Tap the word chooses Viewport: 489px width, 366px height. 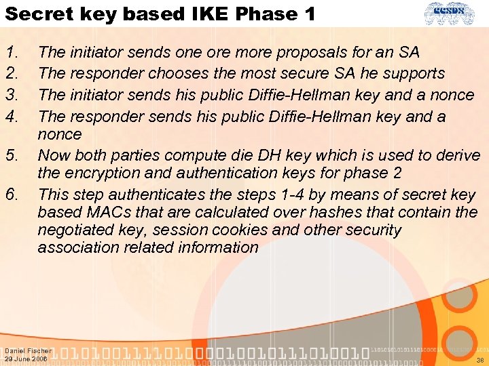pos(164,73)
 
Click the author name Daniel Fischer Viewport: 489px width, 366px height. pos(27,351)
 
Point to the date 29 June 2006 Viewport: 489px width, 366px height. pos(26,359)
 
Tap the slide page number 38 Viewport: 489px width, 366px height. pos(479,360)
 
